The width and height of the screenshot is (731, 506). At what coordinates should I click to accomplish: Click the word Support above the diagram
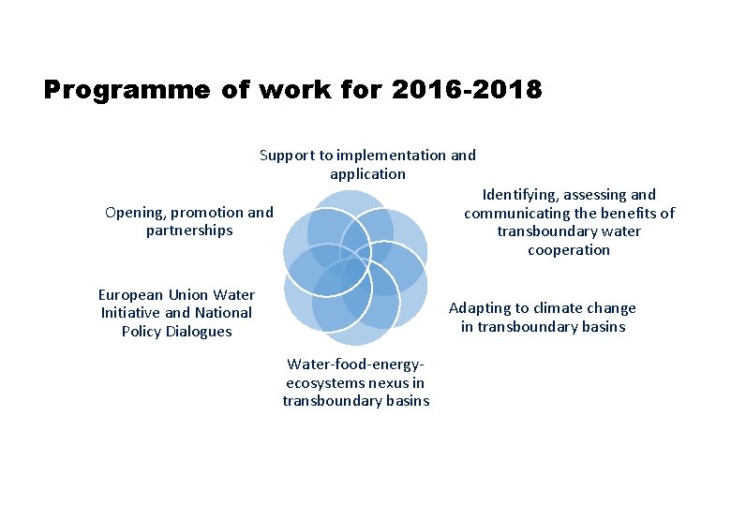click(x=285, y=156)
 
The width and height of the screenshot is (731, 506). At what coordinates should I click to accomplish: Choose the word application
click(x=367, y=174)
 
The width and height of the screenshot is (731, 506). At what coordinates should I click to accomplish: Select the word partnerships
click(x=189, y=231)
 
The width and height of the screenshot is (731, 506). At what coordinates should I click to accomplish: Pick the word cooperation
click(x=568, y=250)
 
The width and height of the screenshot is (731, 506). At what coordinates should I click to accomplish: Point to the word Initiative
click(x=130, y=313)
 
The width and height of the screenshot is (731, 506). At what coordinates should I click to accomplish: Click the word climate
click(x=556, y=308)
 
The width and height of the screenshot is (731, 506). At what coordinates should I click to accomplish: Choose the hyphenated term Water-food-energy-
click(x=355, y=365)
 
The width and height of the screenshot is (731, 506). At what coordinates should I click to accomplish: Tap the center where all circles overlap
click(x=354, y=267)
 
